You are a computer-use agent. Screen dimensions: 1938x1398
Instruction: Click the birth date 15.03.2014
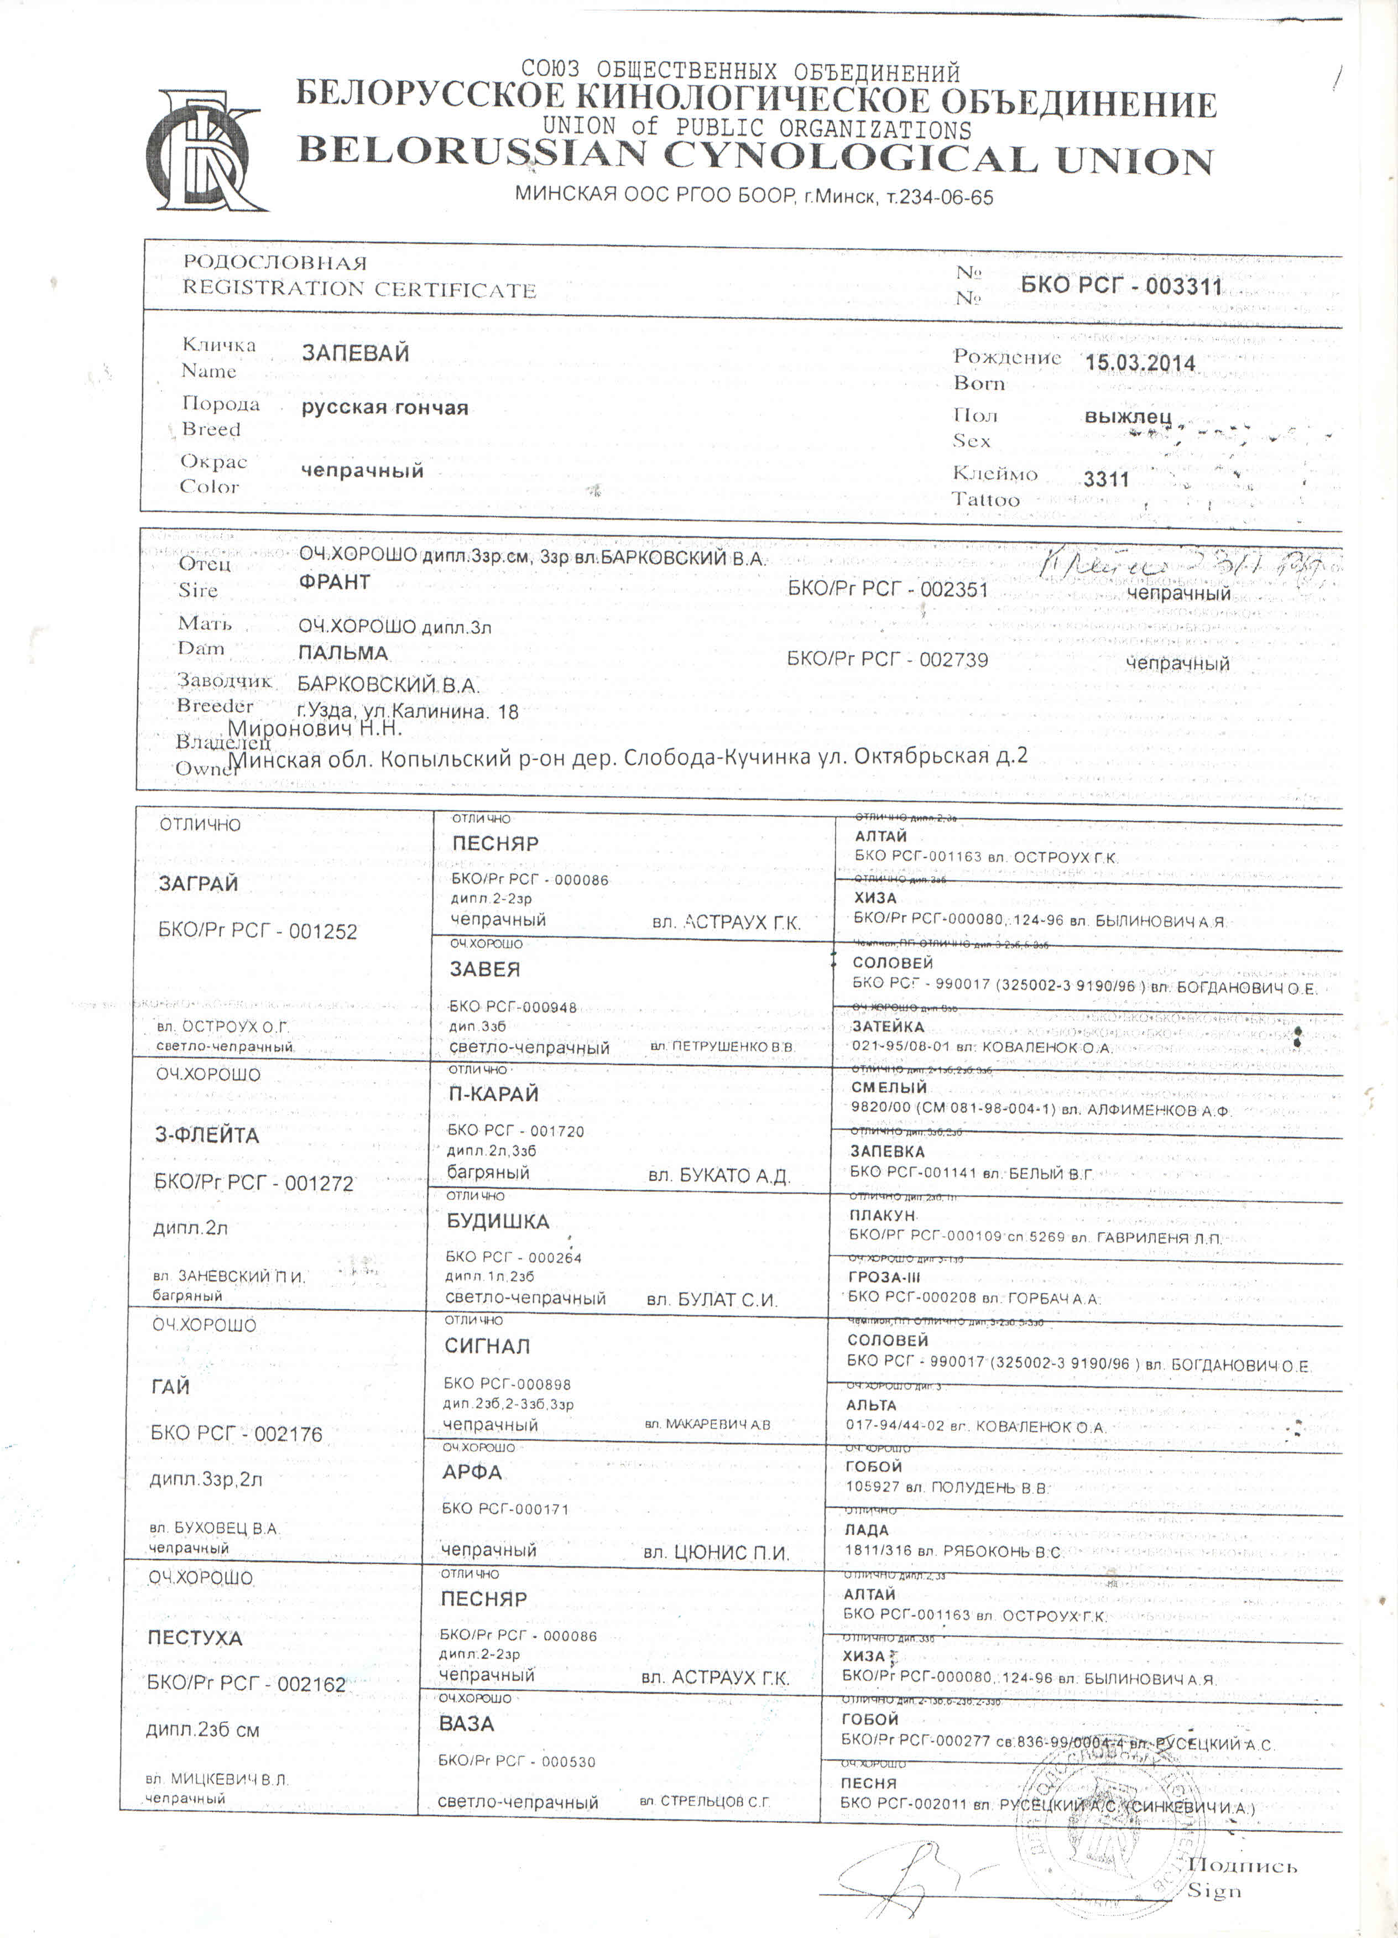click(x=1140, y=362)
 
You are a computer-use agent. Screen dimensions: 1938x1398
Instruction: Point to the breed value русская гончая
click(x=384, y=408)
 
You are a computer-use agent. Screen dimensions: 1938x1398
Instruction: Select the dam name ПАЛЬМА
click(x=343, y=653)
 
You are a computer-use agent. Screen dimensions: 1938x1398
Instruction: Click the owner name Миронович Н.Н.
click(x=315, y=729)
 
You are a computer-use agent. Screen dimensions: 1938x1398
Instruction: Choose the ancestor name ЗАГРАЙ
click(x=198, y=884)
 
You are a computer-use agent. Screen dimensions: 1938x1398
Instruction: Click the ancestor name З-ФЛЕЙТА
click(x=207, y=1135)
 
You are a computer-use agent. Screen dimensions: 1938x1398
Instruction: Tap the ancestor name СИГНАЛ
click(x=487, y=1346)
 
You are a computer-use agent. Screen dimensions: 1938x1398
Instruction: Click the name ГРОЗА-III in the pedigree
click(x=888, y=1278)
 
